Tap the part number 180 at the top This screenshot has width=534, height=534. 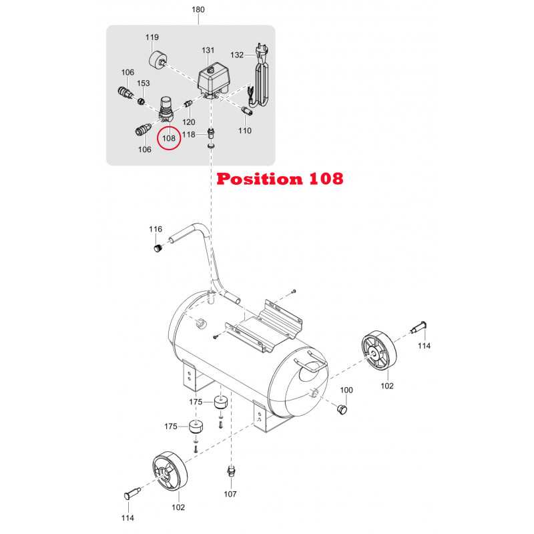coord(198,9)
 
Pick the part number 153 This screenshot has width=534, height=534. coord(144,83)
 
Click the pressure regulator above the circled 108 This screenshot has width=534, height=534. coord(166,109)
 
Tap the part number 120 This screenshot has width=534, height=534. coord(189,122)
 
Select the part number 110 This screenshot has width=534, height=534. coord(245,130)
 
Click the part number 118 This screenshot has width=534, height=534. coord(189,135)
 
